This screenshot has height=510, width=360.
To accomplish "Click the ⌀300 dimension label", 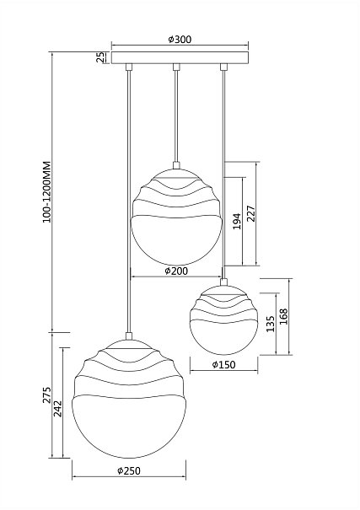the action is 180,40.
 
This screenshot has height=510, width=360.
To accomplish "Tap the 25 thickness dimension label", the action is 101,57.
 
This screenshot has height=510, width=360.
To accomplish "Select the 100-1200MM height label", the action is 47,192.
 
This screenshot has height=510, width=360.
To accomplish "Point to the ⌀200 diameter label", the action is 176,271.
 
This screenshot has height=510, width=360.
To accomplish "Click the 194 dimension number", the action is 238,221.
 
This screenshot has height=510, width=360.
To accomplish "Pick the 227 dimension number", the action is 251,213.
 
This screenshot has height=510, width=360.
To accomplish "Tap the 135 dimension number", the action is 271,324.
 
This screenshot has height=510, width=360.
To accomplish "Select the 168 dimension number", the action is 284,316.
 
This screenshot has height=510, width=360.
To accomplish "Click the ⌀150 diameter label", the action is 223,365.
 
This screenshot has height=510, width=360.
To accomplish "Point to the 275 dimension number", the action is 47,395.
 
